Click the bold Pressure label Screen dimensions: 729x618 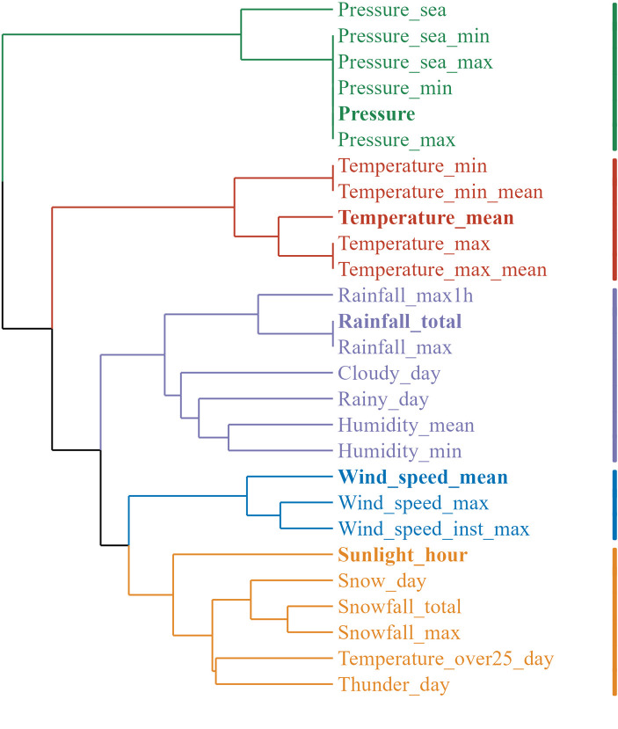[x=376, y=114]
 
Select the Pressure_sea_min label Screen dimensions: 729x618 [x=413, y=37]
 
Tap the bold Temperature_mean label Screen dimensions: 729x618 [x=425, y=218]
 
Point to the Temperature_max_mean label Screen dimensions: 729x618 [x=442, y=270]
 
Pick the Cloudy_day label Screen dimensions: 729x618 [x=389, y=374]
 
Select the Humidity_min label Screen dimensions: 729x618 [x=400, y=451]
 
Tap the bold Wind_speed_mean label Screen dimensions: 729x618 [x=423, y=477]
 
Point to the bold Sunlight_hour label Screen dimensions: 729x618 [x=402, y=556]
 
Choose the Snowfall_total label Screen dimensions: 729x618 [x=399, y=607]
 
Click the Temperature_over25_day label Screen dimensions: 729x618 [x=446, y=659]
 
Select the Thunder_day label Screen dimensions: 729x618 [x=393, y=685]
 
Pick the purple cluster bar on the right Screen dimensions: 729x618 [x=614, y=374]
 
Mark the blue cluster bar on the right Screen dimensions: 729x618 [x=614, y=504]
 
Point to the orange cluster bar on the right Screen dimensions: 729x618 [x=614, y=621]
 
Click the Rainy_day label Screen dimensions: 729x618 [x=383, y=400]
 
